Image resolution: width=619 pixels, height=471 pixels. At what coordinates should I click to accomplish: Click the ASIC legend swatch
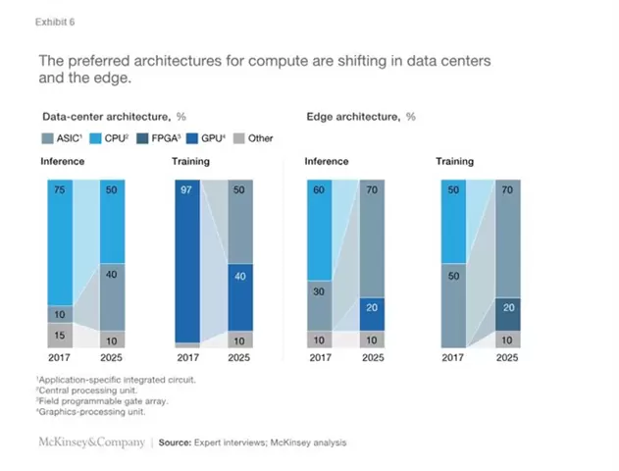47,138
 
